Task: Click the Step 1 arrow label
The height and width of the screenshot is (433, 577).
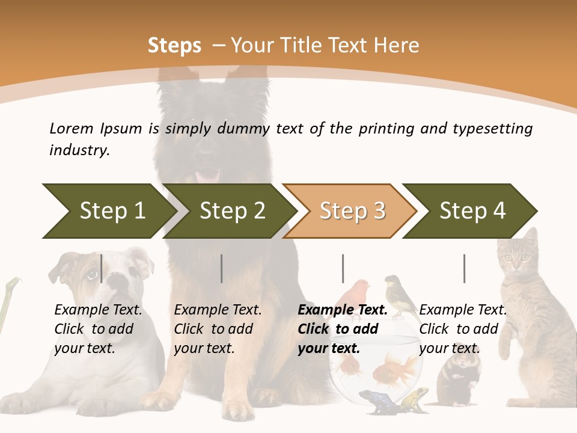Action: click(112, 211)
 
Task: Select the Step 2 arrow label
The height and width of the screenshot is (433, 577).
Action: click(232, 211)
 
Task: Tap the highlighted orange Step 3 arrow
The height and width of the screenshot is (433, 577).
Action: click(352, 211)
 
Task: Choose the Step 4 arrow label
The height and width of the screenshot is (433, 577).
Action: click(472, 211)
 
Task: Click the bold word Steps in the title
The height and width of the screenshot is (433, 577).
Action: click(174, 46)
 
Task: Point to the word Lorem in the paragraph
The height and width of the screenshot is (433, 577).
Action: click(71, 129)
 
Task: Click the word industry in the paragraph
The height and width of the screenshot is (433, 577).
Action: click(79, 150)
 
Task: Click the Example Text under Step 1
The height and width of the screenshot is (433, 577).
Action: click(98, 310)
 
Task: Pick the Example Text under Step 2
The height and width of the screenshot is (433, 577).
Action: click(218, 310)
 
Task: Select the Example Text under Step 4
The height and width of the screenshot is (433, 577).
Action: click(463, 310)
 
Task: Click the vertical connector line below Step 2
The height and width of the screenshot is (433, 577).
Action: click(222, 268)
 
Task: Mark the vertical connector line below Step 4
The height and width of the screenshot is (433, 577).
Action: click(464, 268)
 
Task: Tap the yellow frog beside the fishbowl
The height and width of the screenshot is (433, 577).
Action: click(415, 398)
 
